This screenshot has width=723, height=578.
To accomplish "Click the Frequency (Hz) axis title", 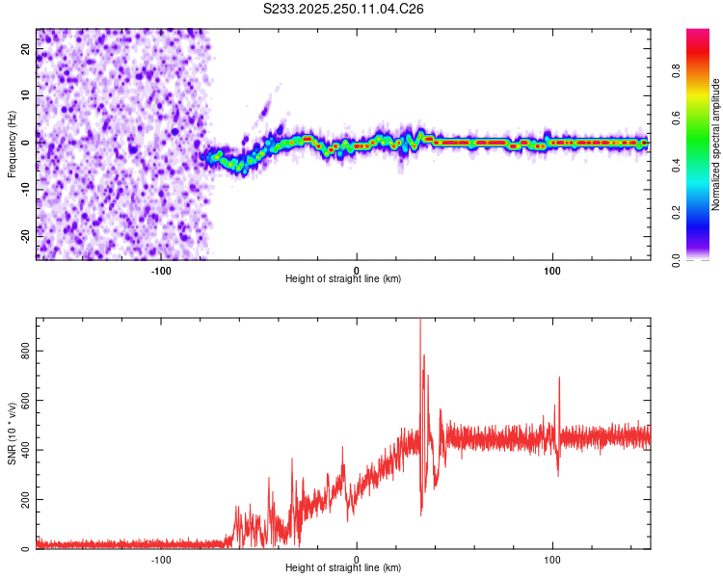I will pos(13,142).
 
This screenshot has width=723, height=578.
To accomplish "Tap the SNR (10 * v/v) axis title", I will pos(13,434).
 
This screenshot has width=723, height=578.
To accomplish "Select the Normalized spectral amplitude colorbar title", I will pos(716,144).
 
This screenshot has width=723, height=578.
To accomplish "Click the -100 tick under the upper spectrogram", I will pos(161,270).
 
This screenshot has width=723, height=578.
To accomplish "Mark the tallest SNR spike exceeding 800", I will pos(420,322).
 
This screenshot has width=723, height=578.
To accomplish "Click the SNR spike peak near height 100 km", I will pos(559,378).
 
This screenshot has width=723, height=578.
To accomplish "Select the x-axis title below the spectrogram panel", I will pos(343,279).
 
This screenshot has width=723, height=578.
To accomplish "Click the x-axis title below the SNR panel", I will pos(343,568).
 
